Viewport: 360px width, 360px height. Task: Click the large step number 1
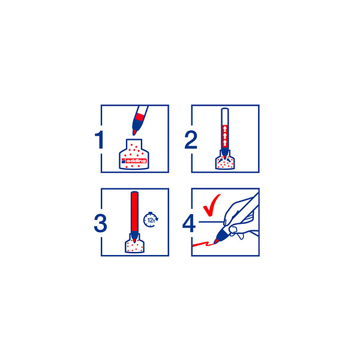pos(99,140)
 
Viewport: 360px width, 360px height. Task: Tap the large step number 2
pos(191,140)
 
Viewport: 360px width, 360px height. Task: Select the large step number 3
pos(100,223)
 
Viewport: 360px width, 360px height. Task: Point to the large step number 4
pos(189,223)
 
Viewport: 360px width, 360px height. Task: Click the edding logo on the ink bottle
pos(134,160)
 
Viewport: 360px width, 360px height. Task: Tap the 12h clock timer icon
pos(151,220)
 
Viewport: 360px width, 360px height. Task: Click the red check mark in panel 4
pos(211,205)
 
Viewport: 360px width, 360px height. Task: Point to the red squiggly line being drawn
pos(203,244)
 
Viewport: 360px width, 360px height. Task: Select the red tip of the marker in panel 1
pos(134,132)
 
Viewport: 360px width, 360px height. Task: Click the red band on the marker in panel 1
pos(140,117)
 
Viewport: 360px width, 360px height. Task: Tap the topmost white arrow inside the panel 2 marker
pos(225,128)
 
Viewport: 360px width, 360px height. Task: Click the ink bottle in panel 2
pos(225,161)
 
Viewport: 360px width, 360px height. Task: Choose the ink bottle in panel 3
pos(134,245)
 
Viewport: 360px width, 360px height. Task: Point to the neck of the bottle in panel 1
pos(134,144)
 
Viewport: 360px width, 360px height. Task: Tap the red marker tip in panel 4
pos(216,241)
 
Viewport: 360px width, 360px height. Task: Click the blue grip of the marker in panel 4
pos(223,234)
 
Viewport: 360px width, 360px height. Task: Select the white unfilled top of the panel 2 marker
pos(225,116)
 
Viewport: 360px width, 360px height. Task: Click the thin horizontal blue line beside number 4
pos(211,222)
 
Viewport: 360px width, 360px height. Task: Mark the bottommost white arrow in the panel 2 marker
pos(225,142)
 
